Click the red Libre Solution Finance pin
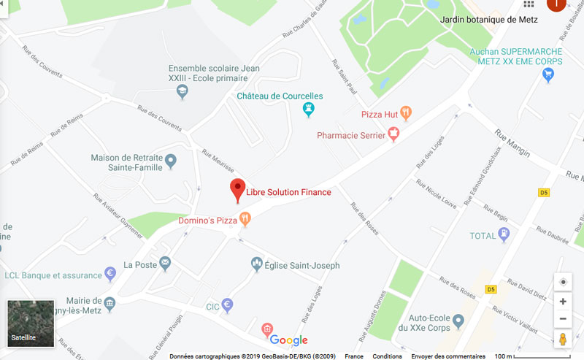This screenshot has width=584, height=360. pyautogui.click(x=237, y=189)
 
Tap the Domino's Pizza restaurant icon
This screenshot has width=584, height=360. pyautogui.click(x=245, y=218)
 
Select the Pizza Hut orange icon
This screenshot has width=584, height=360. pyautogui.click(x=406, y=113)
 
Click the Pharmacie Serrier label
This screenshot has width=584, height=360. pyautogui.click(x=350, y=135)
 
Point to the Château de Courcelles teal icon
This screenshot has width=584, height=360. pyautogui.click(x=309, y=110)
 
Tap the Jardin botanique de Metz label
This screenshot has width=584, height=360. pyautogui.click(x=489, y=20)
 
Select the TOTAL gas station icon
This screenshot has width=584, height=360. pyautogui.click(x=503, y=235)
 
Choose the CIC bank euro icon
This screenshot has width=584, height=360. pyautogui.click(x=227, y=305)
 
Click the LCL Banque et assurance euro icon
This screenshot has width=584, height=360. pyautogui.click(x=110, y=275)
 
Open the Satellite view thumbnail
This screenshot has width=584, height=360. pyautogui.click(x=31, y=322)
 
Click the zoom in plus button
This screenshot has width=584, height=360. pyautogui.click(x=563, y=301)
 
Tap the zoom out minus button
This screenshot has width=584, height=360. pyautogui.click(x=563, y=319)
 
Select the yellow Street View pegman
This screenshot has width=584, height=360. pyautogui.click(x=563, y=340)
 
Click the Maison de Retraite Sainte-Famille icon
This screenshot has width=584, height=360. pyautogui.click(x=171, y=160)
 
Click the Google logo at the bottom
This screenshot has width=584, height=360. pyautogui.click(x=289, y=340)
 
